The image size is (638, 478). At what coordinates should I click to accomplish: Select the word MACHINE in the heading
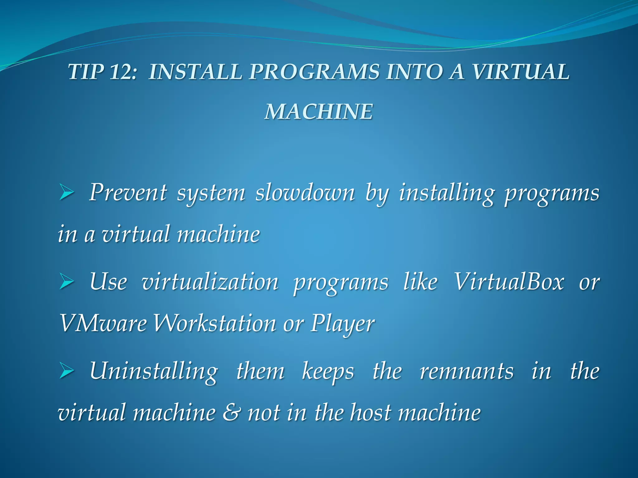pyautogui.click(x=319, y=112)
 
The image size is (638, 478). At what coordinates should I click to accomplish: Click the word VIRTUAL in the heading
pyautogui.click(x=521, y=72)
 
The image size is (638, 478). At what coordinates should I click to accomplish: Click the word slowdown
pyautogui.click(x=305, y=193)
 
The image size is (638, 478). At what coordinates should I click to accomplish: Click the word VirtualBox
pyautogui.click(x=508, y=282)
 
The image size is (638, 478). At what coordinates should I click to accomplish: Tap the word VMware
pyautogui.click(x=103, y=324)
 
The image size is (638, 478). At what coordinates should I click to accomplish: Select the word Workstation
pyautogui.click(x=215, y=324)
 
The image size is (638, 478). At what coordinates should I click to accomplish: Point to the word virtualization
pyautogui.click(x=210, y=282)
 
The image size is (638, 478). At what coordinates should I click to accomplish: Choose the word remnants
pyautogui.click(x=466, y=371)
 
